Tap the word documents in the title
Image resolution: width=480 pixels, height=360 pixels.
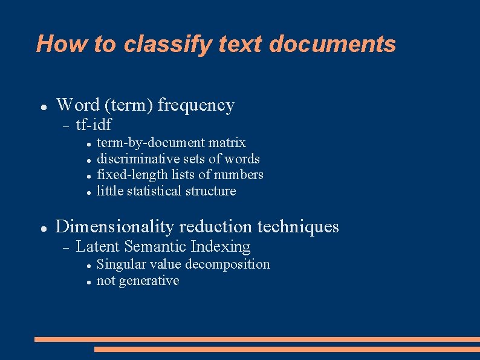[x=332, y=44]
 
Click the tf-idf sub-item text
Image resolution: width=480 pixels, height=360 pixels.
[x=94, y=125]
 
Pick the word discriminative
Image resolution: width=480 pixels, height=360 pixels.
[x=138, y=159]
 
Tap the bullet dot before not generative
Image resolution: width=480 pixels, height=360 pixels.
[x=88, y=282]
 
